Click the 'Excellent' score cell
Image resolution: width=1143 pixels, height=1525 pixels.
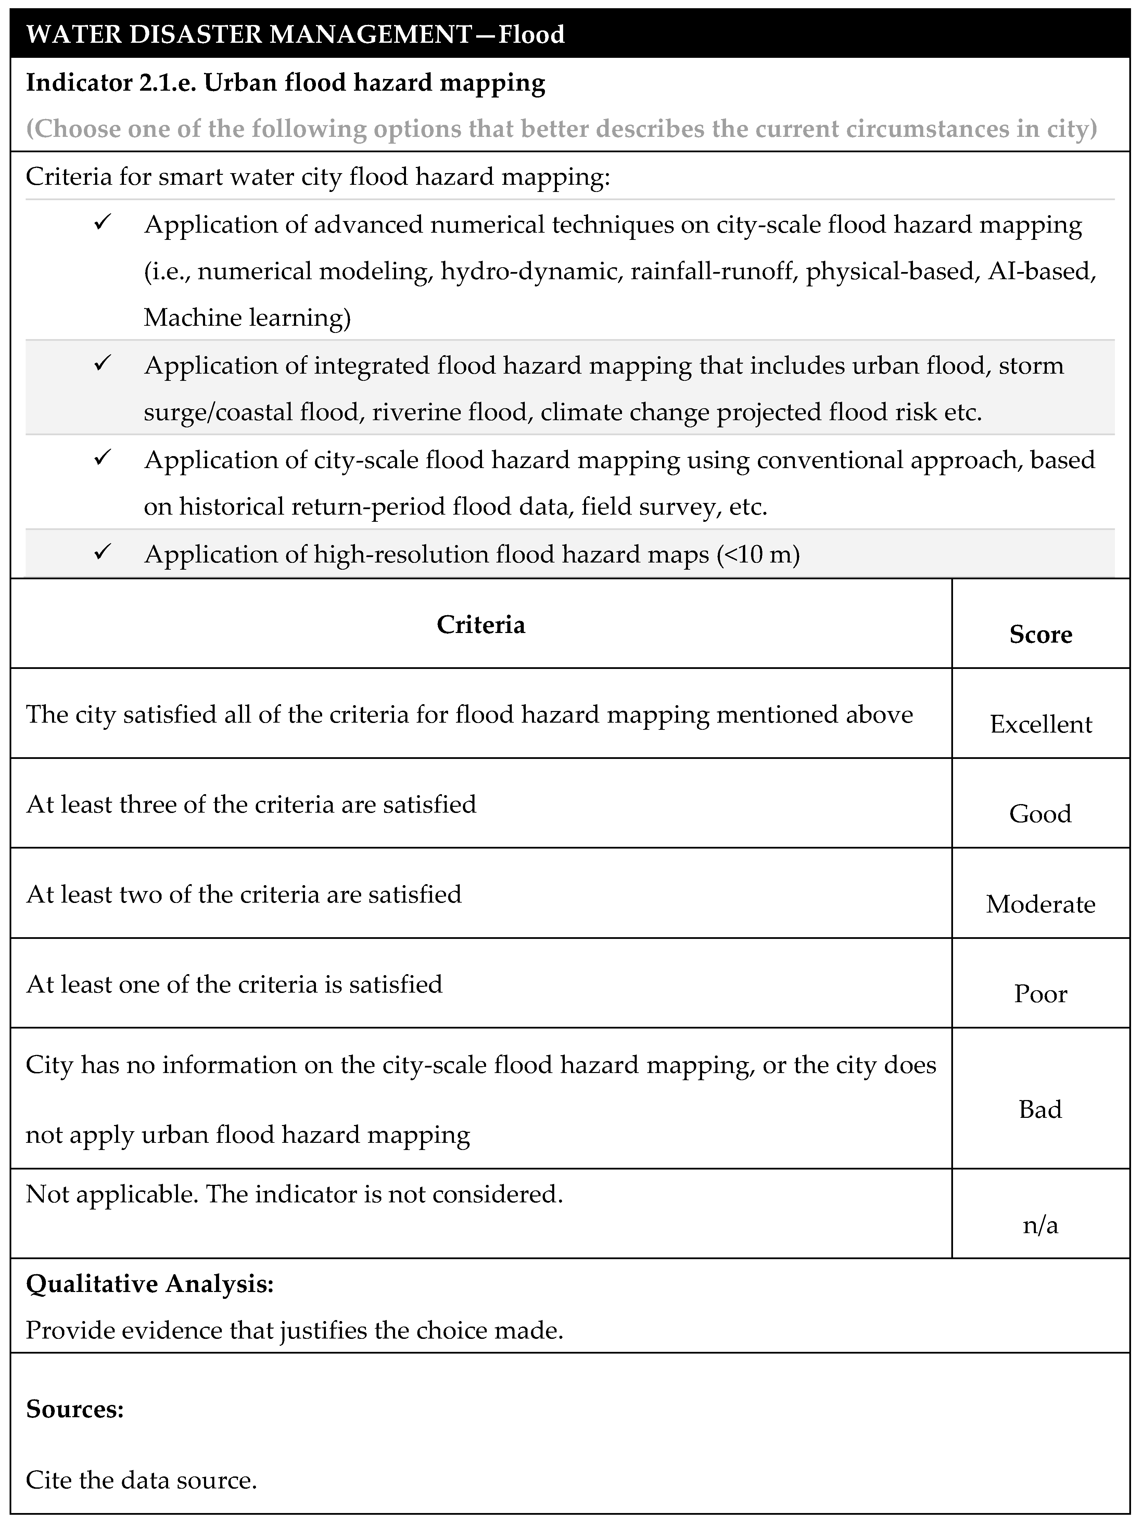tap(1040, 724)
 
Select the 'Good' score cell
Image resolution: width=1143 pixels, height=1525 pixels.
tap(1040, 814)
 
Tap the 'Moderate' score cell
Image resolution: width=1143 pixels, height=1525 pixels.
tap(1040, 904)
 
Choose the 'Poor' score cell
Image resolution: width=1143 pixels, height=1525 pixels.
tap(1040, 993)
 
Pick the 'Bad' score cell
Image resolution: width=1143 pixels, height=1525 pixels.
tap(1040, 1109)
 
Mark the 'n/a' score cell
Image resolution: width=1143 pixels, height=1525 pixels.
tap(1040, 1225)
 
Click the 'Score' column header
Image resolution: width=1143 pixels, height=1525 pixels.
tap(1040, 634)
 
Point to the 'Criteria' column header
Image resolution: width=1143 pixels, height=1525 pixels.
tap(481, 625)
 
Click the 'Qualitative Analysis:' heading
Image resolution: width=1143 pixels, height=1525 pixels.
tap(150, 1284)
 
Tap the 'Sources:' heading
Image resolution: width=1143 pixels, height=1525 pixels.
tap(75, 1409)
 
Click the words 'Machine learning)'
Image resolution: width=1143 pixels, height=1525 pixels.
tap(247, 318)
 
